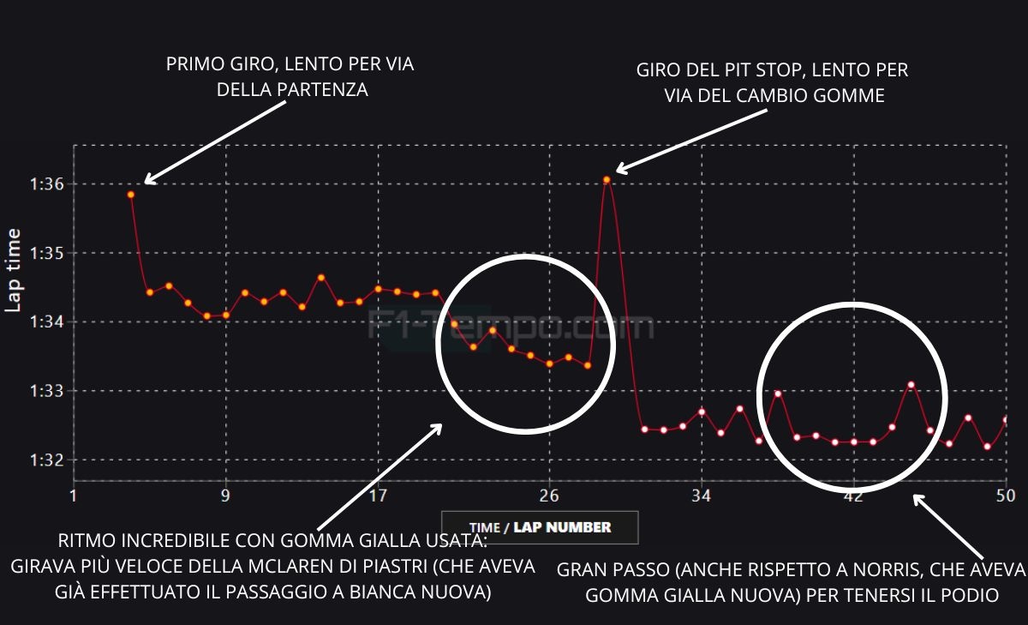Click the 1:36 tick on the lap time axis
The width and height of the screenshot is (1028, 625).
tap(39, 184)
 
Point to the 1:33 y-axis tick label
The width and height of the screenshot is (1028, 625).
tap(39, 391)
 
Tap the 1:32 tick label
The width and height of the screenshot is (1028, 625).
tap(39, 460)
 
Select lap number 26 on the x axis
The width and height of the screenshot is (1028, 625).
tap(549, 496)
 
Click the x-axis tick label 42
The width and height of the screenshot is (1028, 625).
tap(853, 496)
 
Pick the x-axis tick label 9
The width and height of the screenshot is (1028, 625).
tap(225, 496)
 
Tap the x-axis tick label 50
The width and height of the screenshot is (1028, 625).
tap(1006, 496)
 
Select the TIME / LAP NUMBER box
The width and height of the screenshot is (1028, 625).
tap(540, 527)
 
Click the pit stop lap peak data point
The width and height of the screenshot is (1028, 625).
tap(607, 180)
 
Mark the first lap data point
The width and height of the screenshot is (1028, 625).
tap(131, 195)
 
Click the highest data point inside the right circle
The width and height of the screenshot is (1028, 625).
tap(911, 385)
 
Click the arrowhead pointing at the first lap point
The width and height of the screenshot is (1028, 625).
tap(147, 180)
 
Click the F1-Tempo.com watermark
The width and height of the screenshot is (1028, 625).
tap(511, 327)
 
